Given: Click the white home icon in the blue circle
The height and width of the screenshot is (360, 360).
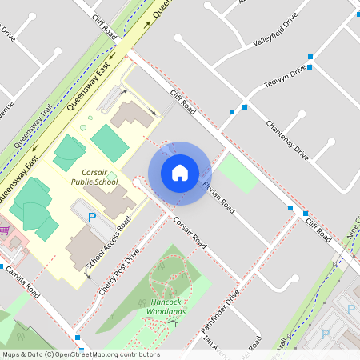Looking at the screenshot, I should click(x=180, y=173).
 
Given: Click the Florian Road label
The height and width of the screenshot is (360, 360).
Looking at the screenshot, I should click(x=218, y=197).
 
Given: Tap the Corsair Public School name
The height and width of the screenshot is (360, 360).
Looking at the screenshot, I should click(x=94, y=177).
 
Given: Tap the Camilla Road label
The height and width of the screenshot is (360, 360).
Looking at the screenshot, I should click(x=20, y=282).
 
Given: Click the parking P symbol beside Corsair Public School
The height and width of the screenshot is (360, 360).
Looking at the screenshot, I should click(x=91, y=217).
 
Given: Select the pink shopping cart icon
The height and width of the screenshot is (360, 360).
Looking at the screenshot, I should click(x=4, y=230).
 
